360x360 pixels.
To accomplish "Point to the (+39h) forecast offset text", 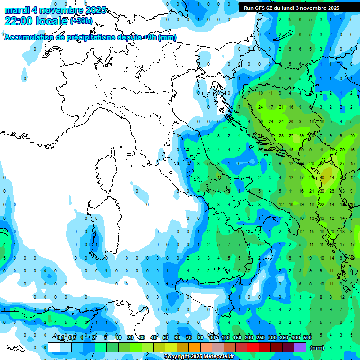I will click(x=82, y=21).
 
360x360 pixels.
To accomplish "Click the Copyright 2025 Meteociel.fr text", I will click(x=202, y=357).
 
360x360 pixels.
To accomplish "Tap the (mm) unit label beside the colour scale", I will click(x=317, y=347).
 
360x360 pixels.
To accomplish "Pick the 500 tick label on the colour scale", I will click(x=307, y=337).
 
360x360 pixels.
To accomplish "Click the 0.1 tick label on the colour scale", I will click(x=61, y=337).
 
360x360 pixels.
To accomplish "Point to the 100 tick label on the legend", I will click(x=225, y=337).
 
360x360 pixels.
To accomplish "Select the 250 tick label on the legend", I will click(x=261, y=337).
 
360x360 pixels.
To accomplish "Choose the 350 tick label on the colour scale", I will click(x=284, y=337).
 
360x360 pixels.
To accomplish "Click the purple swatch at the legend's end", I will click(x=300, y=347).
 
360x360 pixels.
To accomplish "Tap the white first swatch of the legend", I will click(x=54, y=347).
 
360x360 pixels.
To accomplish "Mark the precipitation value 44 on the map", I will click(x=332, y=177).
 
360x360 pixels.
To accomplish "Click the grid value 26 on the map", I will click(x=332, y=191).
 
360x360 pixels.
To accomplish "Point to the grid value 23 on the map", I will click(x=281, y=136).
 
